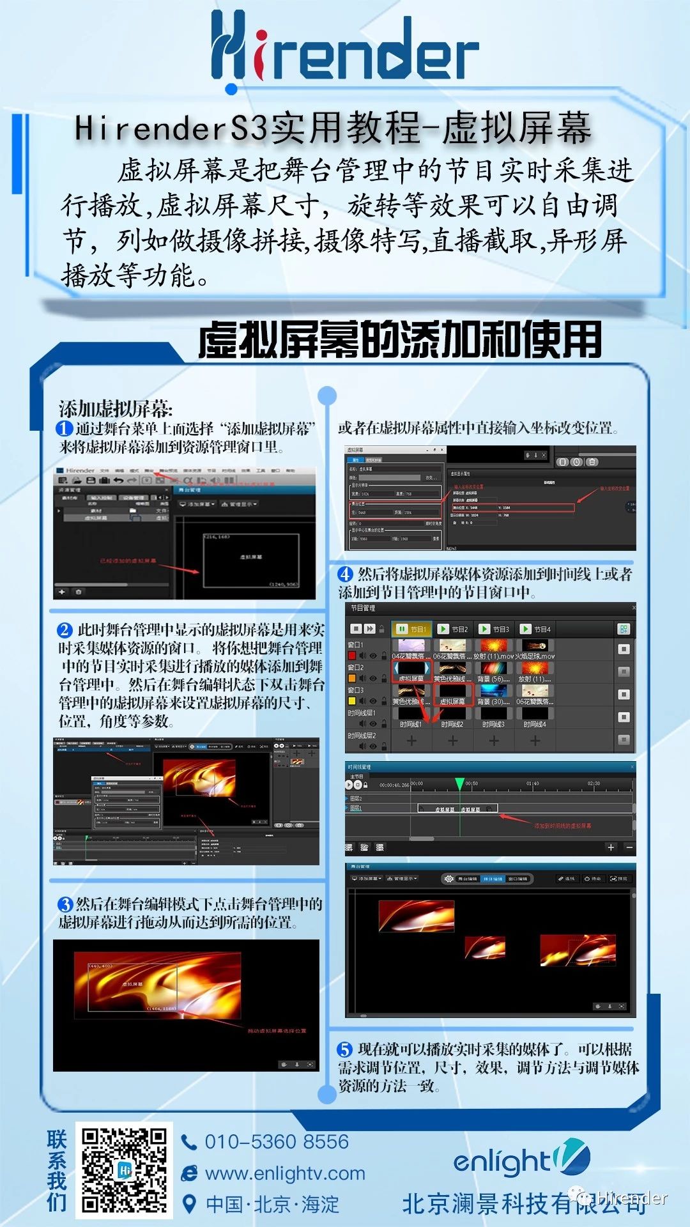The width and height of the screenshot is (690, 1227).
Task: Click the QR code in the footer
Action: [124, 1170]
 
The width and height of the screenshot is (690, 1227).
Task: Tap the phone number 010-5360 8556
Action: [277, 1141]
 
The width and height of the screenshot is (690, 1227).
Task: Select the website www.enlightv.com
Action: [285, 1173]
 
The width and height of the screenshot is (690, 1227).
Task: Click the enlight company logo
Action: [521, 1160]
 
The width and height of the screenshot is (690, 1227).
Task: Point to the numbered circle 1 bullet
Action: [65, 428]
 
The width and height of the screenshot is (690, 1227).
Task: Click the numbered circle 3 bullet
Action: [65, 904]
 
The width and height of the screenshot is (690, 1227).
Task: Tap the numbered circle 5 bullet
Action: [345, 1049]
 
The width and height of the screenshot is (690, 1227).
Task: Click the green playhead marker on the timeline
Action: [459, 783]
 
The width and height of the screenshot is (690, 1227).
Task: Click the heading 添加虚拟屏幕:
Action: [116, 409]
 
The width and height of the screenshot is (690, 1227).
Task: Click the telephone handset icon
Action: [189, 1142]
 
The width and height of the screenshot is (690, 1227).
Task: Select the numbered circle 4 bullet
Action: [346, 574]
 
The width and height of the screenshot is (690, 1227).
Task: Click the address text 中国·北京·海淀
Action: [273, 1205]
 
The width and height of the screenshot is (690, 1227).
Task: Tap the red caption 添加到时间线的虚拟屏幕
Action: [562, 826]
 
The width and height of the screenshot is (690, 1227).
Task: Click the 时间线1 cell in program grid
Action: [411, 724]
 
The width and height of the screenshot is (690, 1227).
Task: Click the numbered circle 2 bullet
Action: [65, 630]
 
